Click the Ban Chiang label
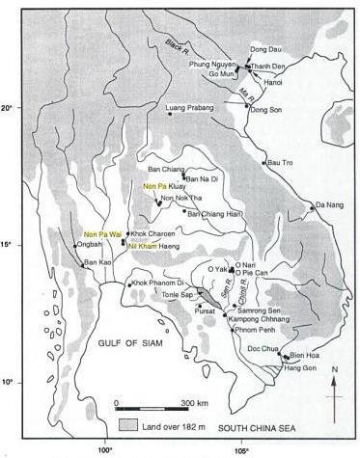166,170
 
